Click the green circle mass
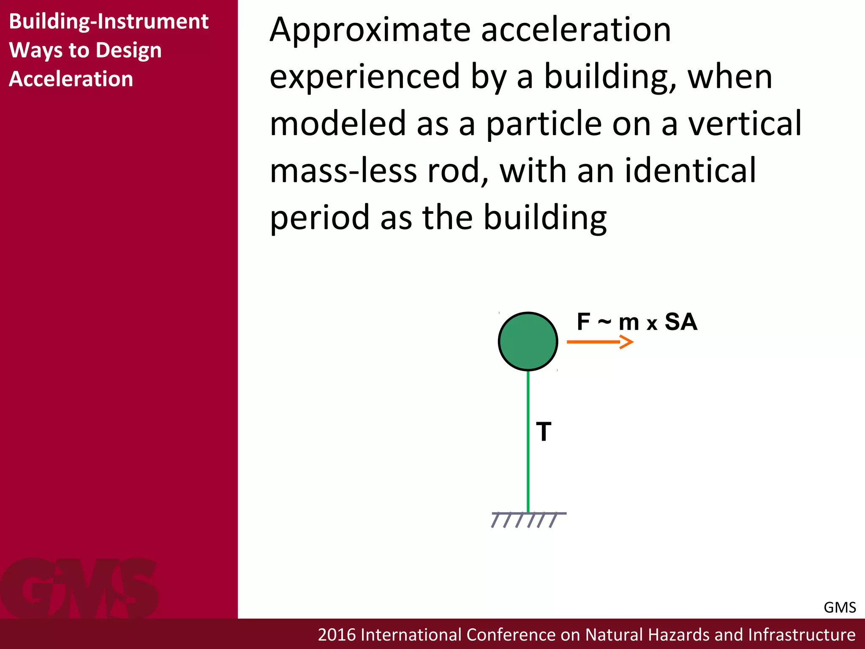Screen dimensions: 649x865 (x=528, y=341)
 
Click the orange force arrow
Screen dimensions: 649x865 (x=600, y=341)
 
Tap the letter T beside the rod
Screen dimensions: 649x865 (x=544, y=432)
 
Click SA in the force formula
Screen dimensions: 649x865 (x=680, y=322)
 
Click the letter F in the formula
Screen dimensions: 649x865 (x=583, y=322)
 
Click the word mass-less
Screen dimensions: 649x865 (x=343, y=171)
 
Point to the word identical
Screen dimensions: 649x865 (x=690, y=171)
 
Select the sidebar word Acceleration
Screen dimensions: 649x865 (x=71, y=79)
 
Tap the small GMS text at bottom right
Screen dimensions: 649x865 (x=839, y=608)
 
